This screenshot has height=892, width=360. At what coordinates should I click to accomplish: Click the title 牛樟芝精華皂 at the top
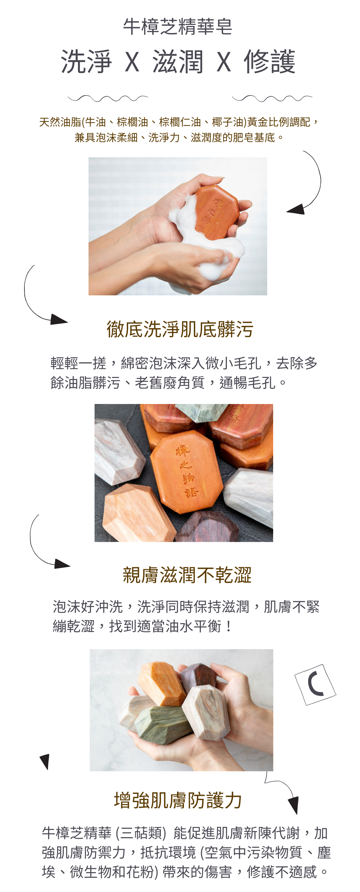(178, 27)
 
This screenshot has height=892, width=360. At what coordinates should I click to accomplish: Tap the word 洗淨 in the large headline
(87, 62)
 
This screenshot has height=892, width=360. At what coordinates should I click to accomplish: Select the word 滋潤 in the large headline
(178, 62)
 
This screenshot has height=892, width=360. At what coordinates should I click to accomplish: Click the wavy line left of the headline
(108, 98)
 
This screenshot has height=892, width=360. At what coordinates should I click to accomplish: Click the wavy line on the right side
(272, 98)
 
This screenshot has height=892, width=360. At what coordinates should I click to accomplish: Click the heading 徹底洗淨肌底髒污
(180, 329)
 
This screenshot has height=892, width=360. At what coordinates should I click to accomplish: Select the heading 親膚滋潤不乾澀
(187, 575)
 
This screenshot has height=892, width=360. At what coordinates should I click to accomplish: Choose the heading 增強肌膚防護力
(178, 800)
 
